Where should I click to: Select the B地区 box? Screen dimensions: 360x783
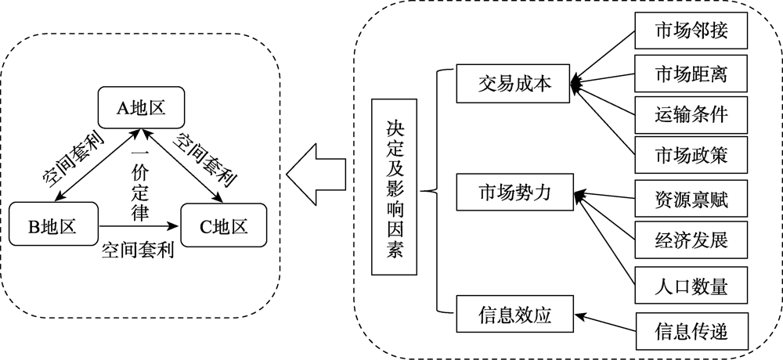tap(52, 226)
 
